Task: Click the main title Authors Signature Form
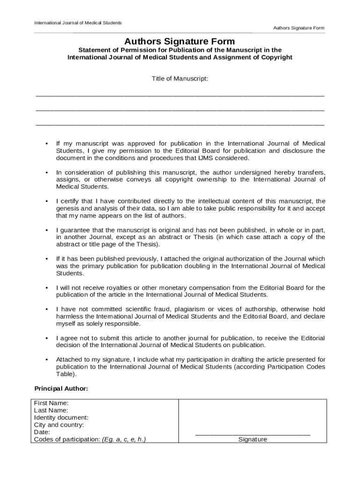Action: tap(180, 42)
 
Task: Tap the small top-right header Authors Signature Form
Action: tap(299, 28)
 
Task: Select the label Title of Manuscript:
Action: tap(180, 79)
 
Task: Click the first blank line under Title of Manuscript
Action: tap(180, 95)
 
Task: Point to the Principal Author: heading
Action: tap(61, 389)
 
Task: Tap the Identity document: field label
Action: tap(61, 418)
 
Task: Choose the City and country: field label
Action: tap(59, 425)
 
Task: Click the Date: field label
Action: tap(42, 432)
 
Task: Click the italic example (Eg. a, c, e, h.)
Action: tap(124, 440)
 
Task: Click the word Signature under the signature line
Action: tap(252, 440)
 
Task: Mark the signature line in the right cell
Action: tap(252, 435)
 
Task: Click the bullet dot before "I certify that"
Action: tap(46, 202)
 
